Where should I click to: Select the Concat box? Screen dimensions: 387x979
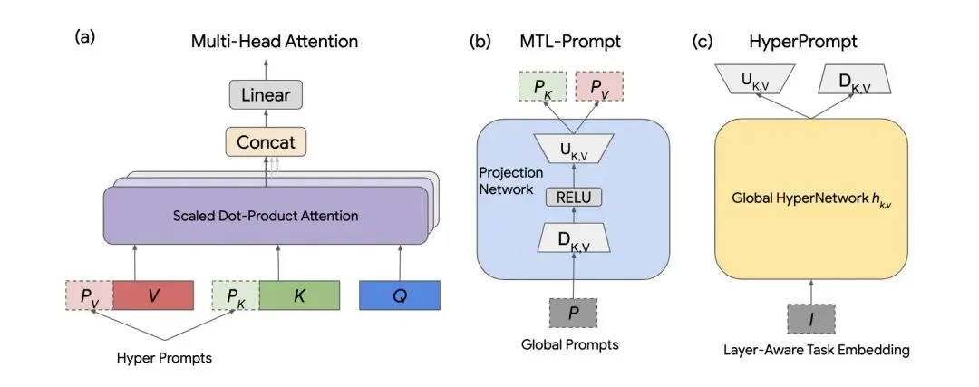[x=267, y=142]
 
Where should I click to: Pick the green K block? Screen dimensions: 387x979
[x=299, y=296]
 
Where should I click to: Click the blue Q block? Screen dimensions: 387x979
[x=399, y=296]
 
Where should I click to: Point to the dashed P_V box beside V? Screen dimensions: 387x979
[x=89, y=296]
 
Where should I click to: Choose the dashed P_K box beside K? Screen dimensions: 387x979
[x=235, y=296]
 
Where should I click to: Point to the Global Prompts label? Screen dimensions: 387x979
[x=570, y=344]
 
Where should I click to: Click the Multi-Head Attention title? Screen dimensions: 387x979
[x=274, y=41]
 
